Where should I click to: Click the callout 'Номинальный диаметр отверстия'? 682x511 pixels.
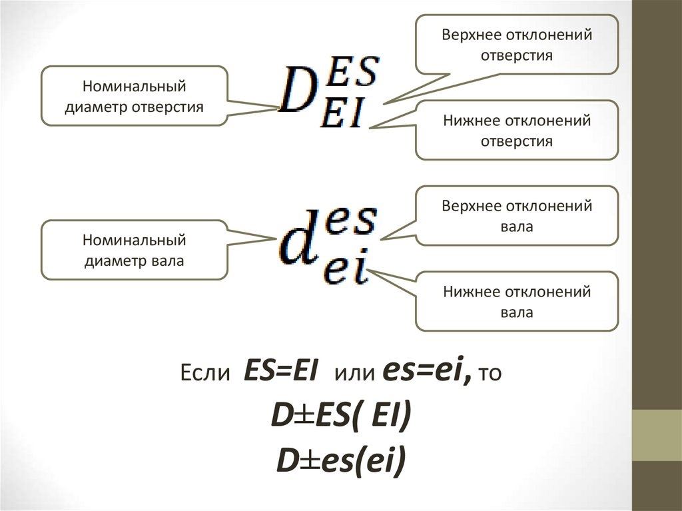click(x=134, y=96)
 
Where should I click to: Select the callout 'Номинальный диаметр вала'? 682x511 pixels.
click(x=134, y=250)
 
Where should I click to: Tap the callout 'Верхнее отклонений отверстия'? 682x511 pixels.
click(x=517, y=44)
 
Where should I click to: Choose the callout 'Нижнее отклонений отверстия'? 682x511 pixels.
click(x=517, y=131)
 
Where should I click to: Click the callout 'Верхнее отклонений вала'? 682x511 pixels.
click(x=517, y=216)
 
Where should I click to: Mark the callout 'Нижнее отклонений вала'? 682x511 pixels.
click(x=517, y=301)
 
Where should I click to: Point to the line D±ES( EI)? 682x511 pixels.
click(x=340, y=416)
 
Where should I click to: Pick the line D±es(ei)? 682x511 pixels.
click(x=340, y=461)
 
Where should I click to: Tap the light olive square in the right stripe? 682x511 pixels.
click(x=657, y=435)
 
